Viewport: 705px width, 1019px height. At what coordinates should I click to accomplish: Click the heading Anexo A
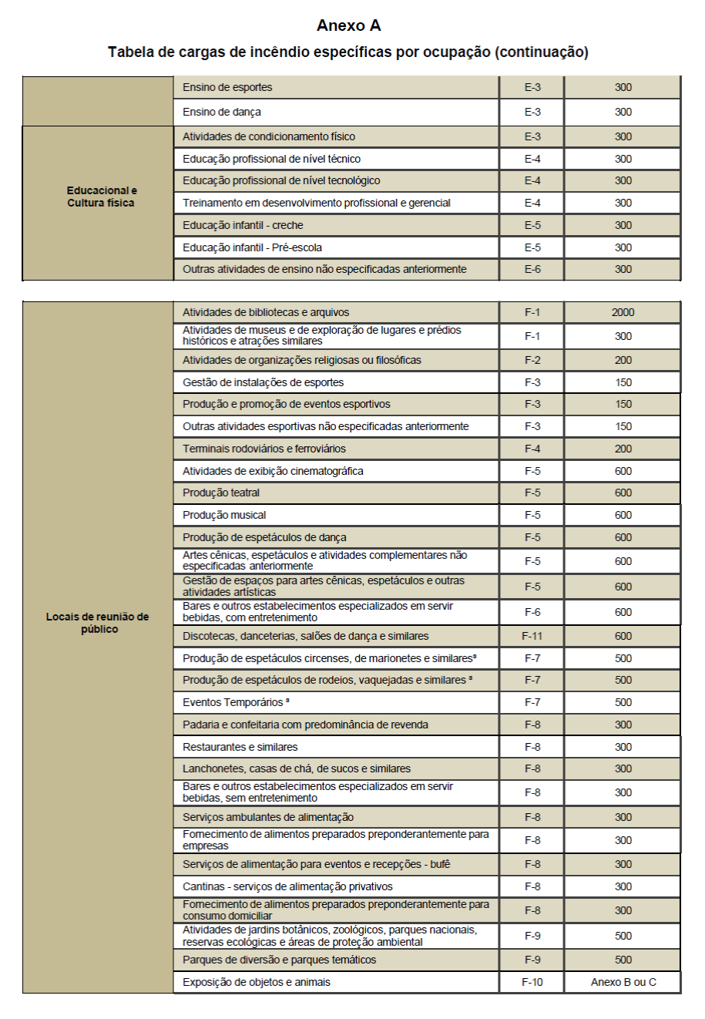pos(348,25)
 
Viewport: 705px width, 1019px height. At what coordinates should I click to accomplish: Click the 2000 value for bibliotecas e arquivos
pos(623,312)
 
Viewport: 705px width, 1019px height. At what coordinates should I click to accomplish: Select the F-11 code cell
pos(532,636)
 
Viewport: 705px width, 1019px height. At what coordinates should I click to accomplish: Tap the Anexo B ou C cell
pos(623,982)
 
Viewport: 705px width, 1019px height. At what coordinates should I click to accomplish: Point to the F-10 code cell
pos(532,982)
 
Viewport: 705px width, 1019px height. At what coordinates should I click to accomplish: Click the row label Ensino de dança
pos(222,112)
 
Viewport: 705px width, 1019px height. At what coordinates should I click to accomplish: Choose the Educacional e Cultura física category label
pos(101,197)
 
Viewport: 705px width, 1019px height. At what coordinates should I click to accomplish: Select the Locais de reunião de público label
pos(98,623)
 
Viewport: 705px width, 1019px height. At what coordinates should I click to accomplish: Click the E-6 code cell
pos(532,269)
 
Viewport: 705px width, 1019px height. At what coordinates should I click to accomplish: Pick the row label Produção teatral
pos(221,493)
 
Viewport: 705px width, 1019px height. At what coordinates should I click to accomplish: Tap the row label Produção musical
pos(224,515)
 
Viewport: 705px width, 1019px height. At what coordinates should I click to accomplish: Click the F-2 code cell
pos(532,360)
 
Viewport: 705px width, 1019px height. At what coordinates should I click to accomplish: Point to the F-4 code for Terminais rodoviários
pos(532,449)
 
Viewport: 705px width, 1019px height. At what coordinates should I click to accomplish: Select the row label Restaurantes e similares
pos(240,747)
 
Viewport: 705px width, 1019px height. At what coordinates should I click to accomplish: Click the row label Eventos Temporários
pos(234,702)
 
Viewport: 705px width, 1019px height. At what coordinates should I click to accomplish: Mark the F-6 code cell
pos(532,612)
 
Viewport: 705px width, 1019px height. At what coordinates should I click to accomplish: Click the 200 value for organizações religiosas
pos(623,360)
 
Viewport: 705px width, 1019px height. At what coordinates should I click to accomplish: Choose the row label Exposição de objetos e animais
pos(257,982)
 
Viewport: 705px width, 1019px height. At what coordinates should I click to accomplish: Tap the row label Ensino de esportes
pos(227,87)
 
